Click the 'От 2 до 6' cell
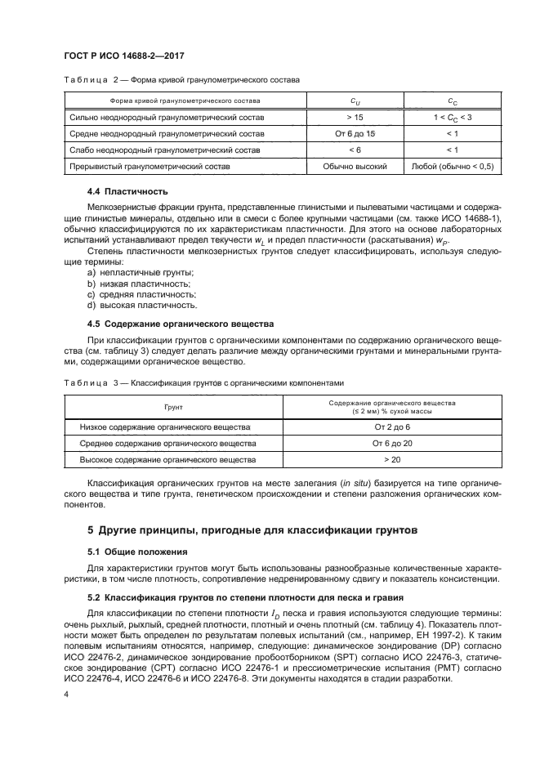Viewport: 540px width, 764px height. [392, 427]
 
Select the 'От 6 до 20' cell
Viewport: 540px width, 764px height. [392, 444]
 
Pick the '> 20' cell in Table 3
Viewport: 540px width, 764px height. [392, 460]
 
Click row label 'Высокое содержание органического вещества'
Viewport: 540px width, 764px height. [168, 460]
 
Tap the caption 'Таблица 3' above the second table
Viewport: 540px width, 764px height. [85, 382]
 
